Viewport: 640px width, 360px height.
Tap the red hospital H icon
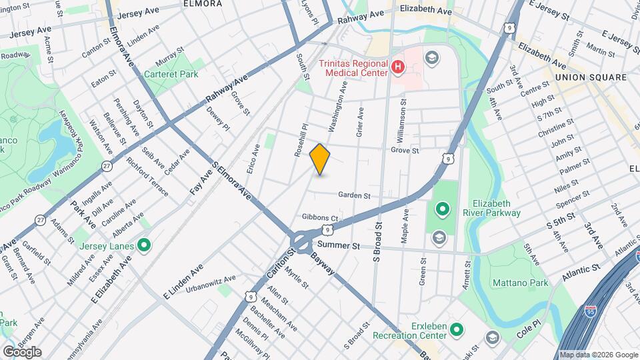[398, 67]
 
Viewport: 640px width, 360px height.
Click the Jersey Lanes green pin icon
[144, 246]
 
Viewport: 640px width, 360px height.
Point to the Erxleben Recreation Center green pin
[457, 329]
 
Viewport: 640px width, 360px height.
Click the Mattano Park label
[525, 283]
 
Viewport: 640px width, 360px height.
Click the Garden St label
[354, 195]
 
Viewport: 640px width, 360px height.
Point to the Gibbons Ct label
[321, 217]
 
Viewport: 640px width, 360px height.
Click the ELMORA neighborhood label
[203, 3]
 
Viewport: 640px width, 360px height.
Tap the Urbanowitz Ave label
[211, 279]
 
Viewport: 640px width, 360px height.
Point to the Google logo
[21, 352]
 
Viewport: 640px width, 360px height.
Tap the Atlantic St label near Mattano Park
[573, 269]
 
